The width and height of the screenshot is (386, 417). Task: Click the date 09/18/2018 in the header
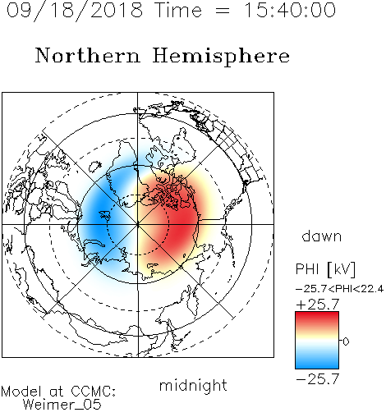tap(75, 11)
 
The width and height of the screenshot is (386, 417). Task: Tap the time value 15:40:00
tap(290, 10)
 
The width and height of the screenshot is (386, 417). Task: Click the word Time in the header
tap(178, 10)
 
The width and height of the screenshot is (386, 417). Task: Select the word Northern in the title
tap(88, 55)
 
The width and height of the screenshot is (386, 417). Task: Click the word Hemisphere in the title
tap(221, 56)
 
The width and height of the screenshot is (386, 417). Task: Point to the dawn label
tap(322, 236)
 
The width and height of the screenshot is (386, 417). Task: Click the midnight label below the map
tap(193, 386)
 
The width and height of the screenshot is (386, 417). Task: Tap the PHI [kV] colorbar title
tap(325, 269)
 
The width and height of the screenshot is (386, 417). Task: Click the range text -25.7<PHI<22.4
tap(339, 289)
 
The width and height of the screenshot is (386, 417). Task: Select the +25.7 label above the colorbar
tap(318, 304)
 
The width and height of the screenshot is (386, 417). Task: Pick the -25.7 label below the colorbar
tap(318, 379)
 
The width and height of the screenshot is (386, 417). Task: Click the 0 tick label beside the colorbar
tap(346, 341)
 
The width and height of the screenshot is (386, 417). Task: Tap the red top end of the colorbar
tap(317, 314)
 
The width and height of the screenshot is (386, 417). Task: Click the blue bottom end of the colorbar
tap(317, 366)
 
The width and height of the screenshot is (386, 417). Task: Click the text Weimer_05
tap(62, 404)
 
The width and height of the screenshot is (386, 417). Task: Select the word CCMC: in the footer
tap(94, 392)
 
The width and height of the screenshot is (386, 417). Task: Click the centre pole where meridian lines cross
tap(138, 224)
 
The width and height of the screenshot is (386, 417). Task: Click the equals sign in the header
tap(223, 11)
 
